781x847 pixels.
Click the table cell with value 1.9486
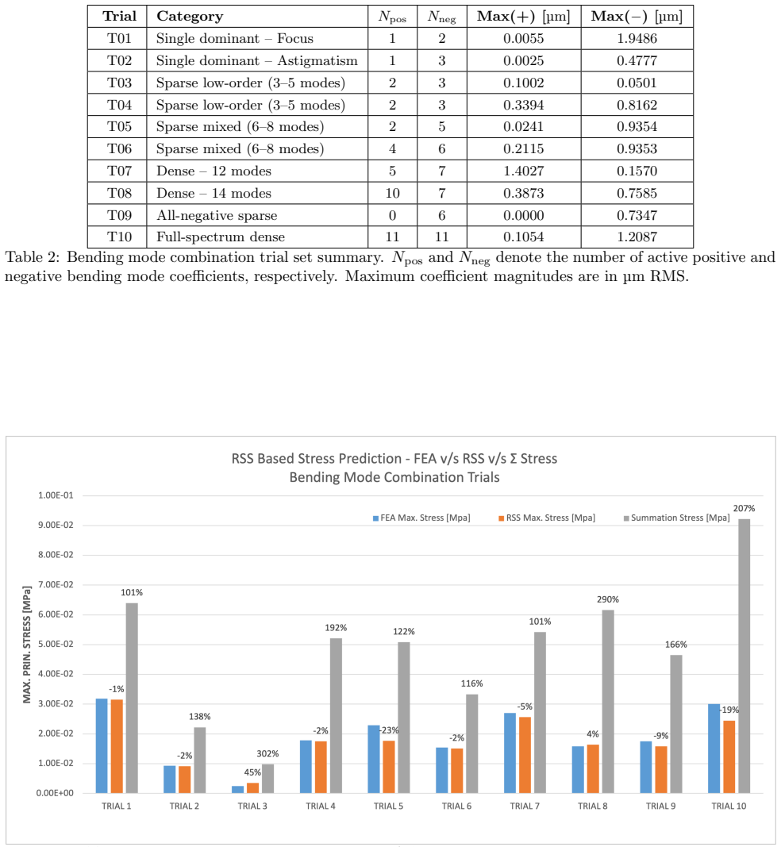637,38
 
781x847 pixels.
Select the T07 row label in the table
119,171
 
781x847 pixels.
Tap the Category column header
190,16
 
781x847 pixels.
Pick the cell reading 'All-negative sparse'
217,216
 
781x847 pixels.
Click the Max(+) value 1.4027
523,171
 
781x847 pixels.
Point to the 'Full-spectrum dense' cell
221,237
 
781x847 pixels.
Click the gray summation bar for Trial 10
744,656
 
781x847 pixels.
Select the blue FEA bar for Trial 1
102,746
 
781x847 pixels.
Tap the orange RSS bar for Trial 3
252,788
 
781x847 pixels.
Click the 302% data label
268,753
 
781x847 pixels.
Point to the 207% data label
744,508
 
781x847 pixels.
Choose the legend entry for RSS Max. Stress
547,518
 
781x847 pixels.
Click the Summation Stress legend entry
677,518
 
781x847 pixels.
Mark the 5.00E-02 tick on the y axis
55,644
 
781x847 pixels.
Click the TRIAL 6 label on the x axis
456,806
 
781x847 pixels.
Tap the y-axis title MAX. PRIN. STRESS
27,645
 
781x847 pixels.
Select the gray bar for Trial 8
608,702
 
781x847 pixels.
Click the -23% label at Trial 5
389,730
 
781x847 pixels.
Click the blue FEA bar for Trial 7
510,753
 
